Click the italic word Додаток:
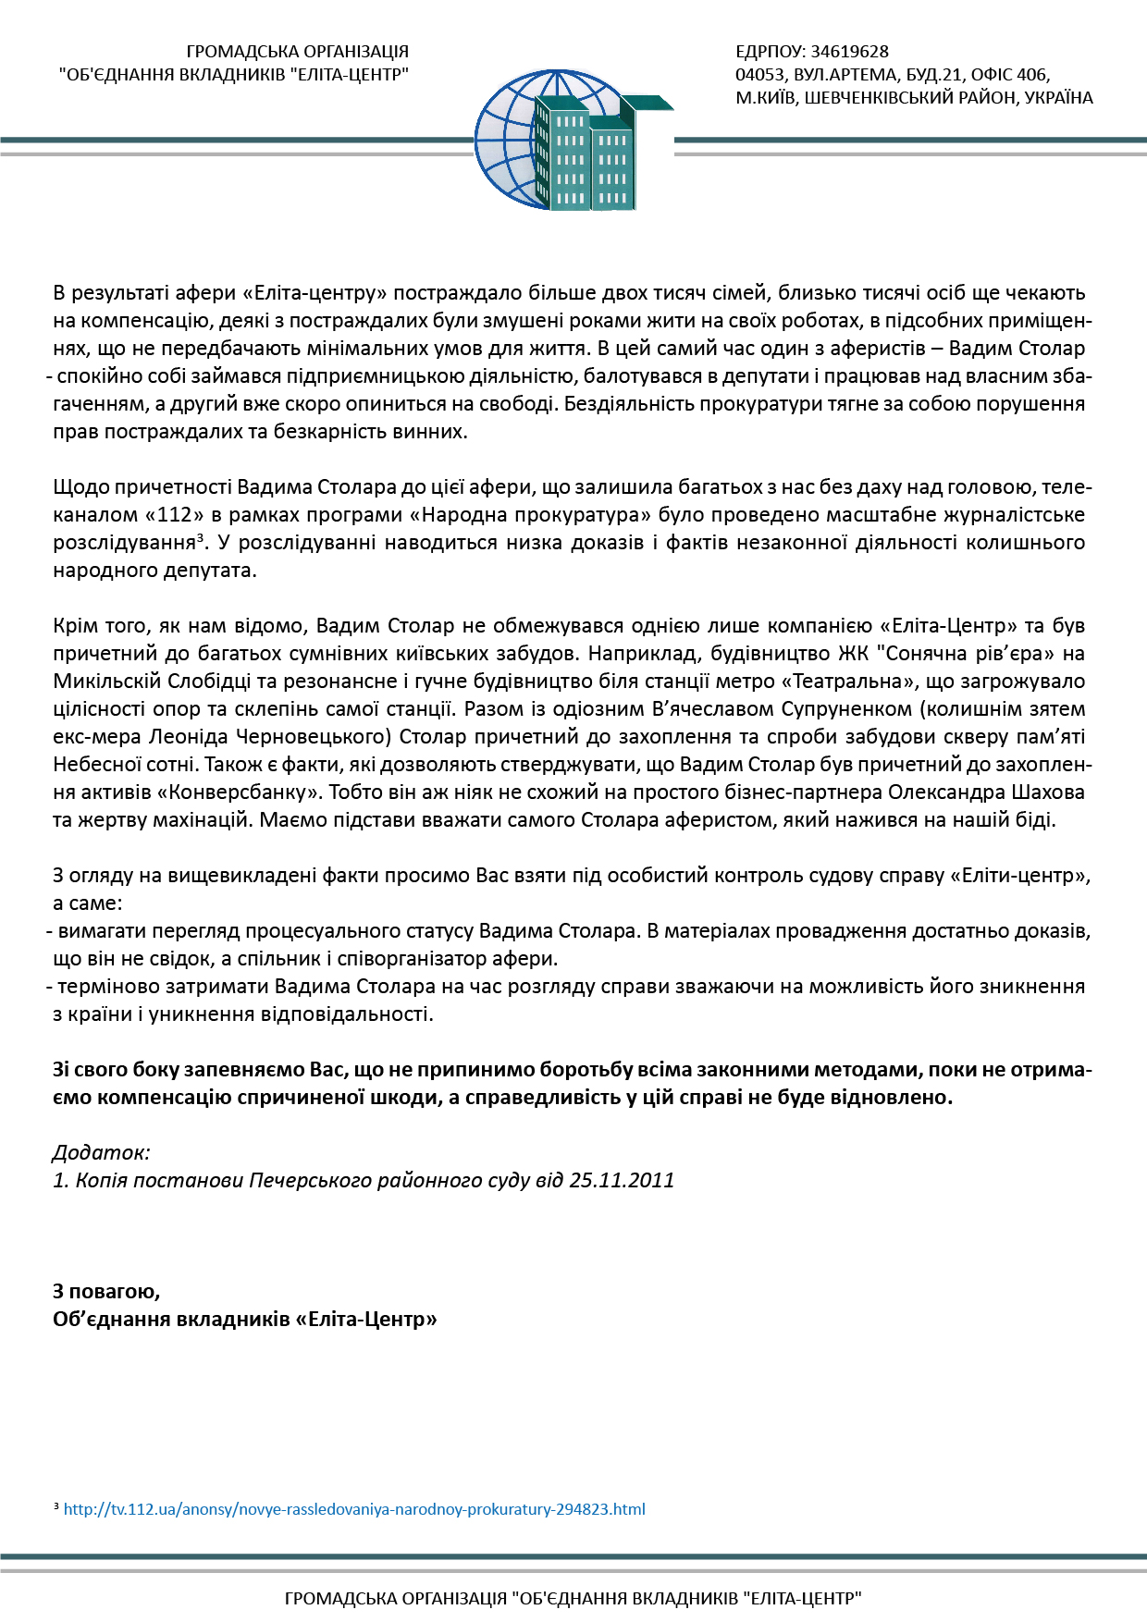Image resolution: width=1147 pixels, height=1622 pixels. (x=102, y=1153)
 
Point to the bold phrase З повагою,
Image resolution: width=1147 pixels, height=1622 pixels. (x=106, y=1292)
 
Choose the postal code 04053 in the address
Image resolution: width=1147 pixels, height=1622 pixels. (x=760, y=75)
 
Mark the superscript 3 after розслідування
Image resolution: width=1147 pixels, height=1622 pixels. (x=200, y=537)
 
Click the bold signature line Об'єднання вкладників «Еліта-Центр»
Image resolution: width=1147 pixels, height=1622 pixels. (x=245, y=1320)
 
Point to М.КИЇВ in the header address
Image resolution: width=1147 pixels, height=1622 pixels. (x=765, y=98)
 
